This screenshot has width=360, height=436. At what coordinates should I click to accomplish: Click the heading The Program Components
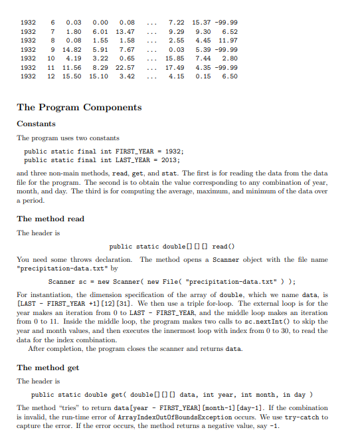[x=79, y=107]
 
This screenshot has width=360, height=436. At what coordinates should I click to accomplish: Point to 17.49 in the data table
[x=175, y=67]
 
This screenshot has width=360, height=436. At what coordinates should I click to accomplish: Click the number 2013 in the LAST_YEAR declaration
[x=171, y=160]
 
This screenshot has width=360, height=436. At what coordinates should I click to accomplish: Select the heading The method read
[x=50, y=219]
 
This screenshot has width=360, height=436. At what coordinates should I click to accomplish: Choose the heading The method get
[x=48, y=368]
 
